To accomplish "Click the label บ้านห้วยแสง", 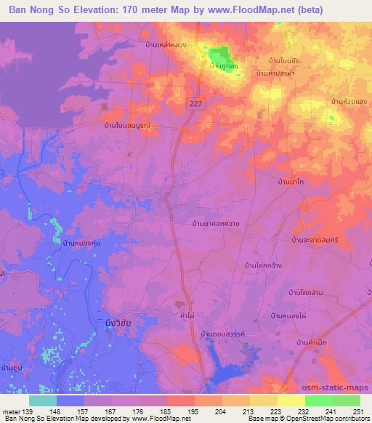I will (x=347, y=100).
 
